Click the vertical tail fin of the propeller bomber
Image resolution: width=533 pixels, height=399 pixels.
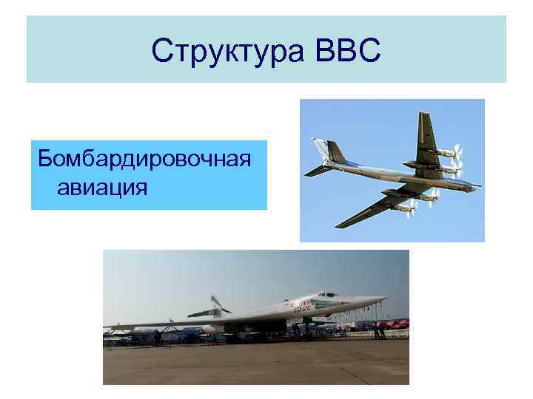(x=335, y=151)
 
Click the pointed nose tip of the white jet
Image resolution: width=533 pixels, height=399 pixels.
(x=385, y=299)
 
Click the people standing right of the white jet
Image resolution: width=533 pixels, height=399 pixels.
(x=379, y=330)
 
